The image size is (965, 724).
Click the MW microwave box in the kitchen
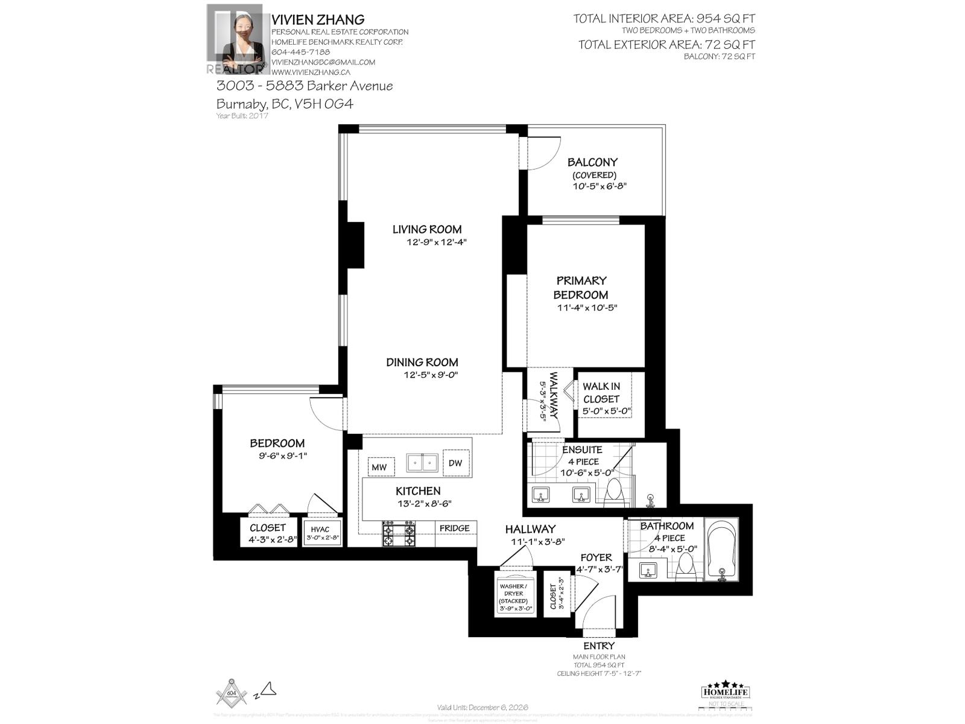[x=379, y=467]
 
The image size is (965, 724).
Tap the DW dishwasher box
[x=455, y=463]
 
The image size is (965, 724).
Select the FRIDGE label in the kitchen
[x=454, y=529]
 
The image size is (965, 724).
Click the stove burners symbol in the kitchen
[x=399, y=534]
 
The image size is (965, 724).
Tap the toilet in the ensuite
[x=615, y=490]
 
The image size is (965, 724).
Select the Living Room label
[x=427, y=229]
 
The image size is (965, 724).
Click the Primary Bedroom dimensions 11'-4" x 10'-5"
[x=587, y=308]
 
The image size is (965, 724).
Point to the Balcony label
[x=592, y=162]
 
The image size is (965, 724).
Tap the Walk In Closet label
[x=601, y=393]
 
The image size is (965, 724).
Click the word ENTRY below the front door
[x=598, y=646]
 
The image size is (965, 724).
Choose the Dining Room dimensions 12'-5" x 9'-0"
[x=431, y=375]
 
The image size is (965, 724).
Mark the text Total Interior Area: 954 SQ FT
[x=663, y=19]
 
